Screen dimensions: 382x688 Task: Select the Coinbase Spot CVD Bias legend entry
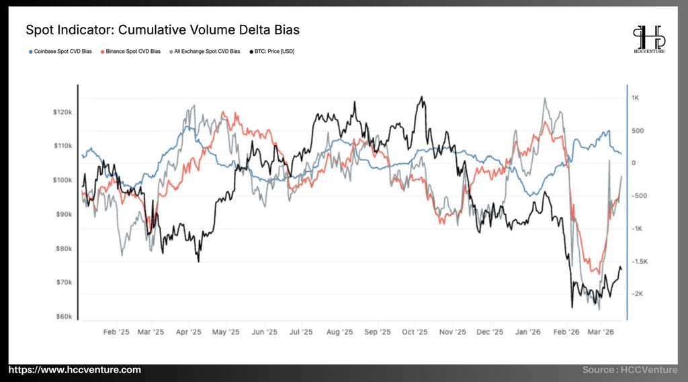62,51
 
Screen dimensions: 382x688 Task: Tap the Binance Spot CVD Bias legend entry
132,51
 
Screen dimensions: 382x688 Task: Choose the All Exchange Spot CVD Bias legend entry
206,51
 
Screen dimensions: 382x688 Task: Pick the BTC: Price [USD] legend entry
273,51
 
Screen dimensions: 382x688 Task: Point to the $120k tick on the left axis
62,112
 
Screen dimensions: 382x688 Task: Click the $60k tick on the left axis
64,316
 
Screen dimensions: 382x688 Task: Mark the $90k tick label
64,214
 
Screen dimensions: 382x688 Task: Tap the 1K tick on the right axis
635,98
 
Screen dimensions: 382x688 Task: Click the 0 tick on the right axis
633,163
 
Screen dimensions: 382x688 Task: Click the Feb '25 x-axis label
116,332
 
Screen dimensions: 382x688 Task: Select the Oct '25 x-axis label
415,332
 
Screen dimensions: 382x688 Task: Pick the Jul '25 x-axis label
300,332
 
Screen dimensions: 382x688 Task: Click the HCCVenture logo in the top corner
649,40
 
